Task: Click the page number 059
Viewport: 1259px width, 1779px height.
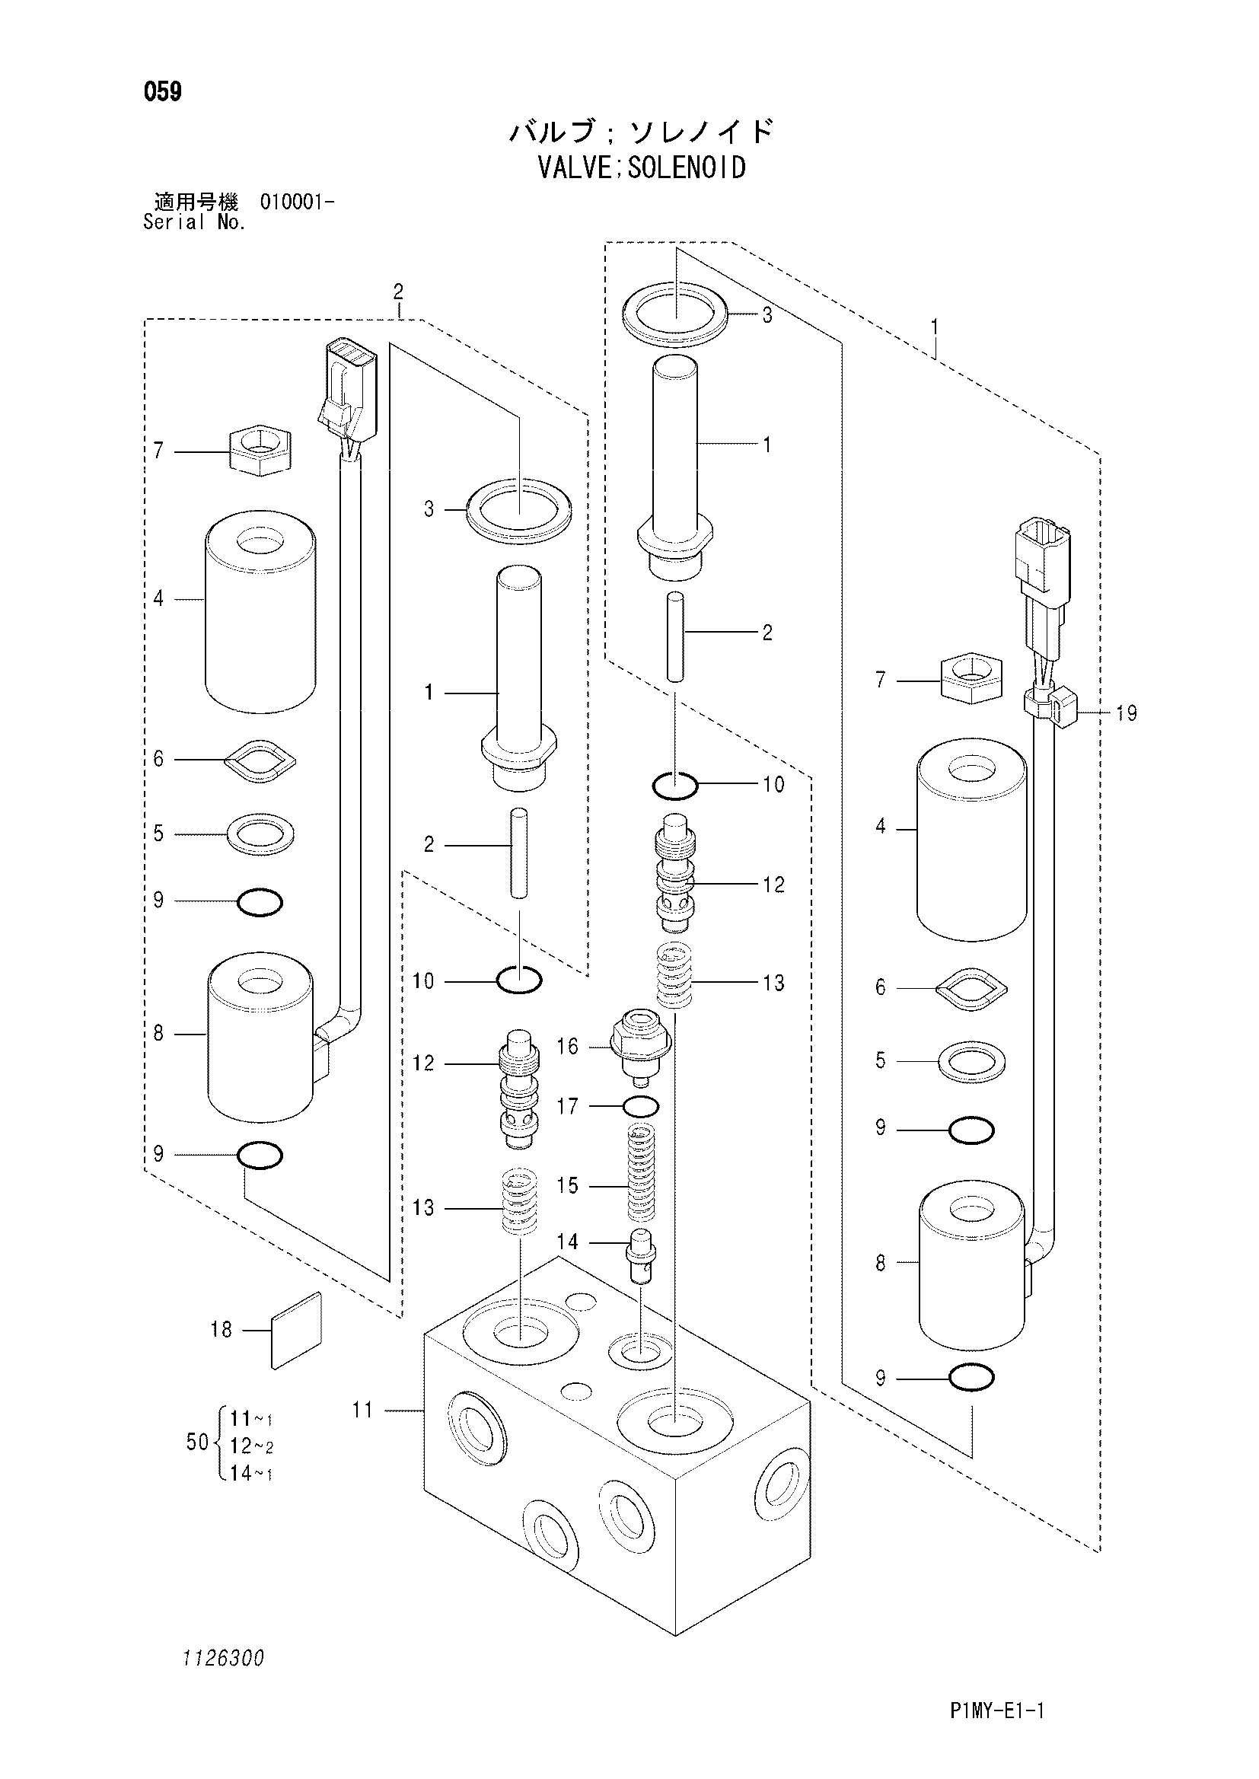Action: [163, 92]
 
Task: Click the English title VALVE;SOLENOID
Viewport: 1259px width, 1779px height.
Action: [642, 167]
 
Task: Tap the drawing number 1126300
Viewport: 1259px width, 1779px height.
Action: [223, 1658]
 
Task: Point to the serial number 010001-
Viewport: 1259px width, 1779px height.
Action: [298, 203]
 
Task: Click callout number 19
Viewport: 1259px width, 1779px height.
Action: [1127, 713]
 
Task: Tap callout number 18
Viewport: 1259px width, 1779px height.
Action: [222, 1329]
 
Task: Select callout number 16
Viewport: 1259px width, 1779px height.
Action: [568, 1047]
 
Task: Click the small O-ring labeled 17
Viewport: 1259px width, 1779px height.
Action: [640, 1106]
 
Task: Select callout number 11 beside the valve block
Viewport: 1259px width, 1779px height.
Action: [363, 1409]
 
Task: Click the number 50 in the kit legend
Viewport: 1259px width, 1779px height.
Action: [198, 1442]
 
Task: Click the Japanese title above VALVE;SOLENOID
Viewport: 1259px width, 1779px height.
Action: [642, 132]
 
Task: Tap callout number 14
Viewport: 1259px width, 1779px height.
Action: [568, 1242]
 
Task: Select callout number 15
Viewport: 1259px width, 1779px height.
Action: [568, 1185]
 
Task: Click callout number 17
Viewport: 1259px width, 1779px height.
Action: [568, 1106]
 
